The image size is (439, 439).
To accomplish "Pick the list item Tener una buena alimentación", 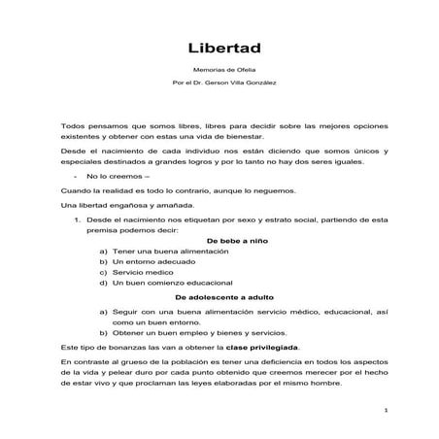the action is pos(169,251).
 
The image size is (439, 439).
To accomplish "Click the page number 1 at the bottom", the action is pos(385,411).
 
